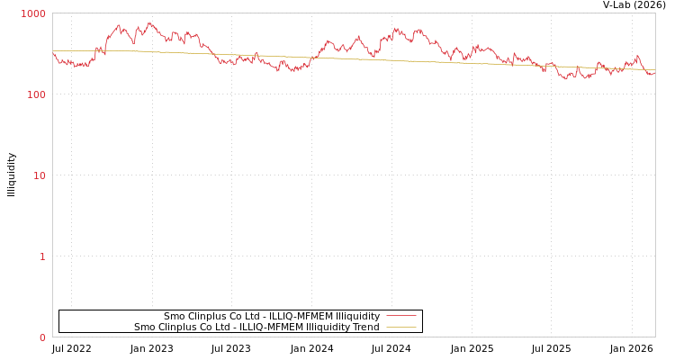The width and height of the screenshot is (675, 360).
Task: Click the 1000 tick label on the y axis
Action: [33, 13]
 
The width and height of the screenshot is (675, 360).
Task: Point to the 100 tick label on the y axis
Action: [36, 94]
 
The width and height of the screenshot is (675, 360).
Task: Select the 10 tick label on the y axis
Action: [39, 175]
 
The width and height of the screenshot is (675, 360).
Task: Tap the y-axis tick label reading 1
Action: [41, 256]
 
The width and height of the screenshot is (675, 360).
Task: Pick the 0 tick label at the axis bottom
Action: [41, 337]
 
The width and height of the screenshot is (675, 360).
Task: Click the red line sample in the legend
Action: [401, 317]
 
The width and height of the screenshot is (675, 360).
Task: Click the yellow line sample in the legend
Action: [401, 328]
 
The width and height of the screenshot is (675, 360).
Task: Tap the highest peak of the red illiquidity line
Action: [149, 22]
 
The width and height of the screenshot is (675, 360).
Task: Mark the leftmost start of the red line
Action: [53, 53]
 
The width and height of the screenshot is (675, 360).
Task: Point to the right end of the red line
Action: [654, 73]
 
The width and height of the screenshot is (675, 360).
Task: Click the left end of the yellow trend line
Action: [53, 50]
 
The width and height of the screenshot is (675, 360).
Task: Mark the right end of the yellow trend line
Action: [654, 70]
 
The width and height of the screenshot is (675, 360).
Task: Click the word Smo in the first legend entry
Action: [175, 317]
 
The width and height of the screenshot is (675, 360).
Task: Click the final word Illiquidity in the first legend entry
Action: [357, 317]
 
